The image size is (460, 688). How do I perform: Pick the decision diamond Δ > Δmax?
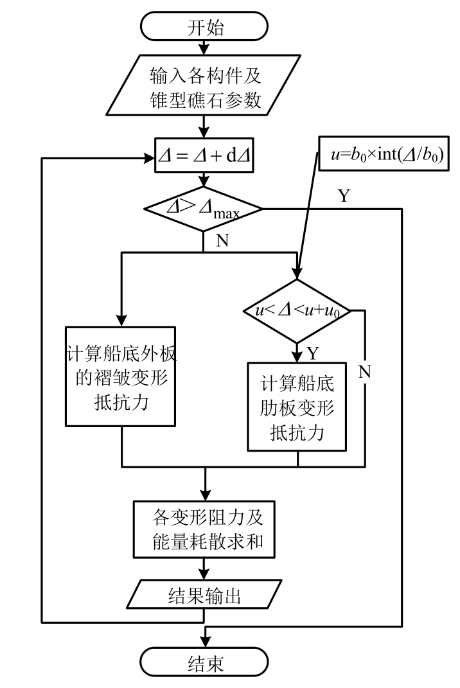click(x=204, y=208)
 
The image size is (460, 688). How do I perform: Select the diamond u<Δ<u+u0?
click(x=297, y=311)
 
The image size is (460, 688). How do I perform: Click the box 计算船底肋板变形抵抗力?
click(x=297, y=406)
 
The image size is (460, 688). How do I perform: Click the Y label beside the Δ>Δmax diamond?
click(x=344, y=196)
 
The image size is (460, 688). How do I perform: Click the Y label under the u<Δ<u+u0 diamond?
click(x=313, y=353)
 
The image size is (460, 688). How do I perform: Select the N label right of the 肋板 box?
click(x=364, y=371)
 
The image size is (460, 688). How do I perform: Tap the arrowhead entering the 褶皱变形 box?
click(x=121, y=321)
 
